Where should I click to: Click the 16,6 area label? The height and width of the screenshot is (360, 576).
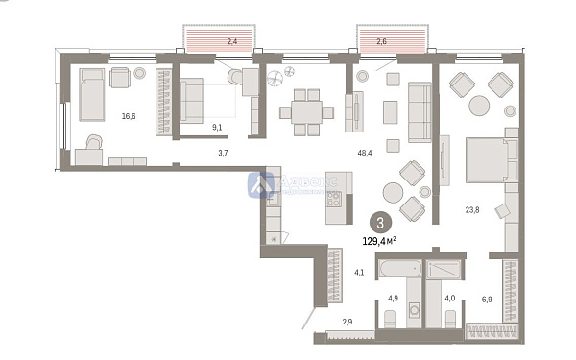click(128, 116)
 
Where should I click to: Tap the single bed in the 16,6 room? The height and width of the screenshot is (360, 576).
click(93, 94)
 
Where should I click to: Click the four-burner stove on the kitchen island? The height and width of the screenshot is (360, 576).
click(334, 200)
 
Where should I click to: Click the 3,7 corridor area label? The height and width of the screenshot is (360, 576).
click(223, 152)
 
